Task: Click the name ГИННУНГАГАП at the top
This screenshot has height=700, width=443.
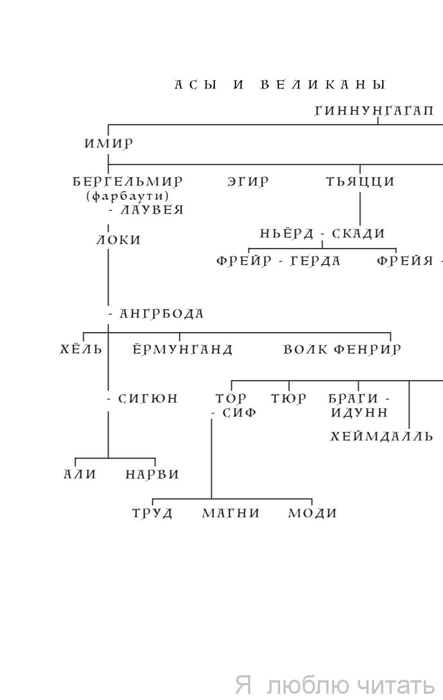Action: [x=374, y=111]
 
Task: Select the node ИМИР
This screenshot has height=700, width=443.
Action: [x=109, y=144]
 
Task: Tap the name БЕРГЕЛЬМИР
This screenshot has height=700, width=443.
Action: [x=127, y=182]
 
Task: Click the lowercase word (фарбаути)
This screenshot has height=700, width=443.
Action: [x=127, y=196]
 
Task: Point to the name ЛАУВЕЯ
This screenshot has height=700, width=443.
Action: [x=152, y=210]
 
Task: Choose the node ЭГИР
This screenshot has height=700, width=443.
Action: [x=248, y=182]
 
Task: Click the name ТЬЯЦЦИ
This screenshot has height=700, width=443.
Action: [x=360, y=182]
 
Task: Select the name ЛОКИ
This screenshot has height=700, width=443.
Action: [x=118, y=240]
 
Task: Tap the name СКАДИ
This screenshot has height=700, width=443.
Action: [x=358, y=234]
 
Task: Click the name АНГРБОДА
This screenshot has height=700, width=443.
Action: [x=162, y=314]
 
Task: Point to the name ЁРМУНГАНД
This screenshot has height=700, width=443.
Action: [x=183, y=349]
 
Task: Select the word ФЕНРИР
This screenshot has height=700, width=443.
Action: [x=367, y=349]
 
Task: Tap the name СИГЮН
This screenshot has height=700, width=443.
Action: [x=148, y=399]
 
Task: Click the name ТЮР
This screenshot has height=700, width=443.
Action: [x=289, y=399]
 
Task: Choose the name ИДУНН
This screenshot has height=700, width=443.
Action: [x=359, y=413]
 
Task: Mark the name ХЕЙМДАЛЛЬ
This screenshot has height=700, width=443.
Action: [x=382, y=436]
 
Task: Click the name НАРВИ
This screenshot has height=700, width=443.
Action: [x=152, y=474]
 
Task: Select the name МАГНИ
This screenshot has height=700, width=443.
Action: [x=231, y=513]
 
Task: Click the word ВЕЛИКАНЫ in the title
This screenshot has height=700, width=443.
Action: [x=324, y=85]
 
